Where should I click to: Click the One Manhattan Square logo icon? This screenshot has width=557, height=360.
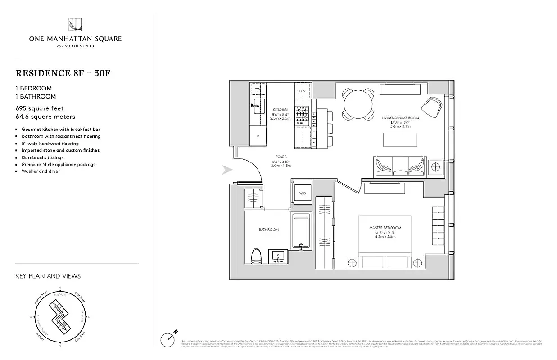tap(75, 25)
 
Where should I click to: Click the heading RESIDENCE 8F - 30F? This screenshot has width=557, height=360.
tap(63, 73)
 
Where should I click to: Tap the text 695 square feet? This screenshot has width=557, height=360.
tap(40, 108)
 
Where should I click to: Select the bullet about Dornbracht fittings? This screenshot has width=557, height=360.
tap(42, 157)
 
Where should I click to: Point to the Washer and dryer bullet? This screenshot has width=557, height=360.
tap(41, 171)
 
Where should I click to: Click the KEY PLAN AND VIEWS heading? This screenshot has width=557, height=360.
tap(48, 276)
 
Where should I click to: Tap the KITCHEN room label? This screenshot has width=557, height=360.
tap(280, 110)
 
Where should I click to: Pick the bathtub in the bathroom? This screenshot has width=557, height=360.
tap(301, 232)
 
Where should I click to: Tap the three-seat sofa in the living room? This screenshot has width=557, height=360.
tap(400, 166)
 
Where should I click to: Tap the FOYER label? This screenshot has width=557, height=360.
tap(281, 157)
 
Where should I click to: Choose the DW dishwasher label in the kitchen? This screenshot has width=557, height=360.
tap(258, 90)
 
